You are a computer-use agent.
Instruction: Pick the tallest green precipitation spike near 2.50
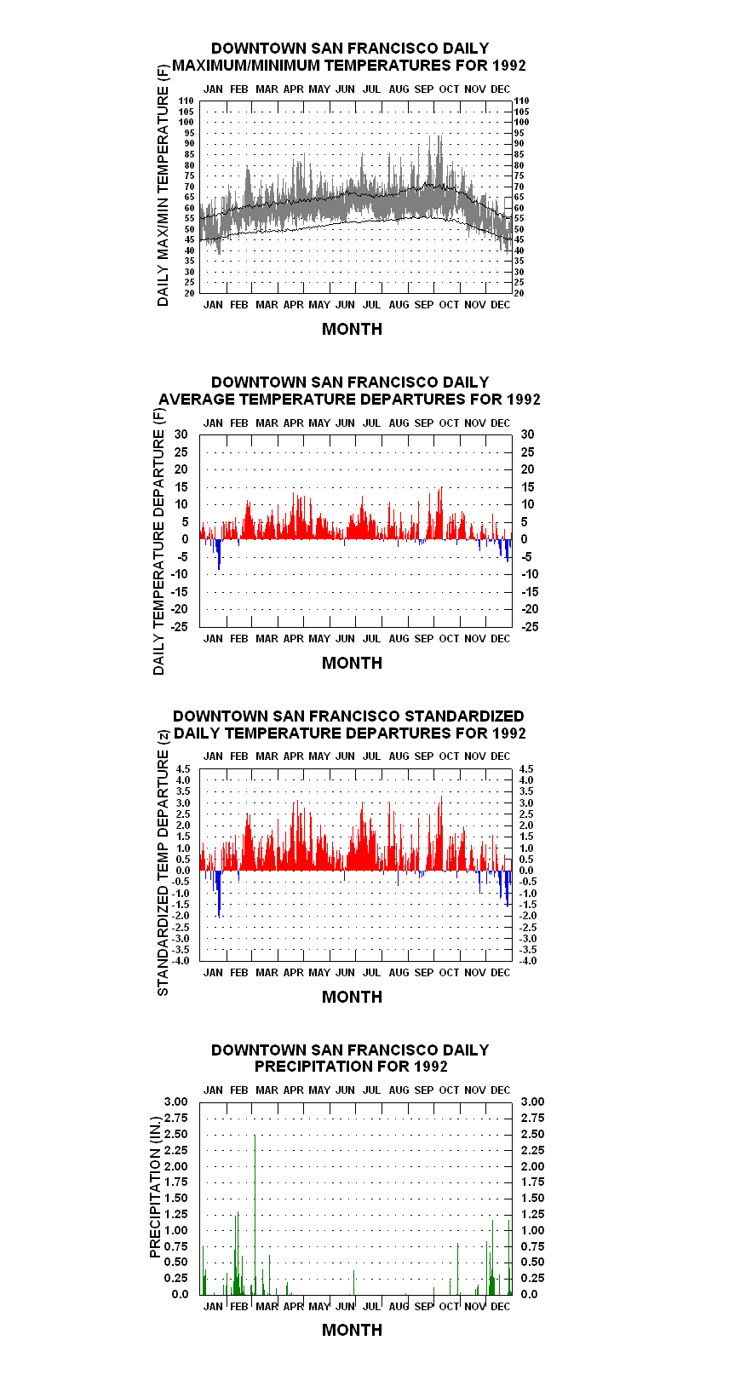(255, 1214)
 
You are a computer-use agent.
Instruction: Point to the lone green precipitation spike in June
(354, 1282)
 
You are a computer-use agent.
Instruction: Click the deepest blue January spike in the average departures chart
(219, 555)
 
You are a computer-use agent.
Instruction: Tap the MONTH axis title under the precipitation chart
(352, 1330)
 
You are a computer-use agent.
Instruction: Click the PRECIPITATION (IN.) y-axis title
(155, 1188)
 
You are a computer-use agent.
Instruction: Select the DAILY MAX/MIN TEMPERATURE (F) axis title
(163, 185)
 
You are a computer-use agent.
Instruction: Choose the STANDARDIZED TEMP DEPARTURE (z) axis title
(163, 863)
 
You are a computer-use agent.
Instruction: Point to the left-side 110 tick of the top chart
(186, 101)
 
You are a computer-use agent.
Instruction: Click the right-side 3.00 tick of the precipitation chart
(532, 1102)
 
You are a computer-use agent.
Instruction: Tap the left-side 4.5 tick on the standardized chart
(183, 768)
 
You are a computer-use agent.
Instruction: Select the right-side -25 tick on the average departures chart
(530, 626)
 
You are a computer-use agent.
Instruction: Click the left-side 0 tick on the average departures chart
(185, 538)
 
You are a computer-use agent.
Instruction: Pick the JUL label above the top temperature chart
(371, 89)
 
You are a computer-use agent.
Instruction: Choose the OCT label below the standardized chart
(449, 973)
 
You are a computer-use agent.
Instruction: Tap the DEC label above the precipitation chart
(500, 1090)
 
